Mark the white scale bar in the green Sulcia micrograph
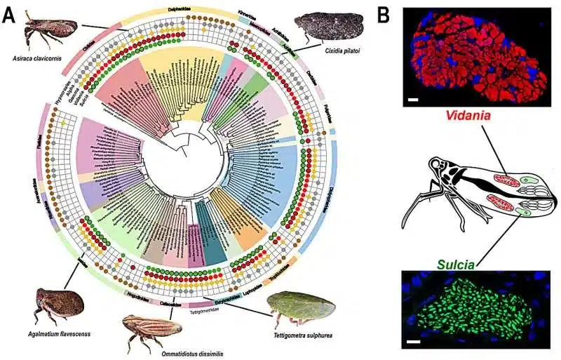tap(413, 342)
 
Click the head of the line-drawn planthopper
tap(438, 168)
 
